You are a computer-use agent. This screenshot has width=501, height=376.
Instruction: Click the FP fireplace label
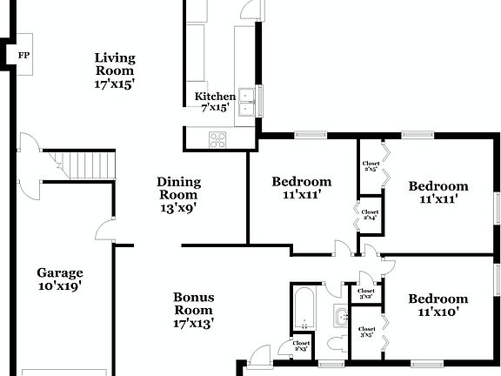click(22, 54)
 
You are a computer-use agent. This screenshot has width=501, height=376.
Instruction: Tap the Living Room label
click(115, 71)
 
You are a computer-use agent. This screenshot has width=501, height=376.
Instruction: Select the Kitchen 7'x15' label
click(214, 102)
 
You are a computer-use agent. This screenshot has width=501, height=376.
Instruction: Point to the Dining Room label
click(178, 194)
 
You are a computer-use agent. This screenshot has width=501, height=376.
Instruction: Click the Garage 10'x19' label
click(59, 279)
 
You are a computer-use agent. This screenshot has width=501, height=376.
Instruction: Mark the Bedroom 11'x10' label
click(438, 305)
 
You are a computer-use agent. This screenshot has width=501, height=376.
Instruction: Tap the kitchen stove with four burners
click(218, 138)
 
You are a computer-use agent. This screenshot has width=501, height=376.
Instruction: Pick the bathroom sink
click(338, 314)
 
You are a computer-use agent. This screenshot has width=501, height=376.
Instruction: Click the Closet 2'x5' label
click(371, 165)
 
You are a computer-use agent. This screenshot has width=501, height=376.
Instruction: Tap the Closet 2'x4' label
click(370, 214)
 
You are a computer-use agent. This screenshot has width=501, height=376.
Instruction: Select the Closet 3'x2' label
click(365, 293)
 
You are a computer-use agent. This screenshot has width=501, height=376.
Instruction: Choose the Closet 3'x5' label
click(366, 332)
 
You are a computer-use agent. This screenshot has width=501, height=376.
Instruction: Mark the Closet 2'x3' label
click(301, 346)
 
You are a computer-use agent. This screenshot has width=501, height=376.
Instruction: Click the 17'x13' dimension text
click(193, 323)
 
